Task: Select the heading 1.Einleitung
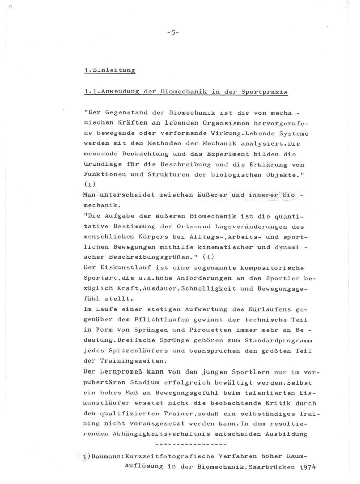point(109,71)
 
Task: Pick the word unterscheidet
point(127,195)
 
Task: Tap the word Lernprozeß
point(119,372)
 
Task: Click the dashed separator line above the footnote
point(191,443)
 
